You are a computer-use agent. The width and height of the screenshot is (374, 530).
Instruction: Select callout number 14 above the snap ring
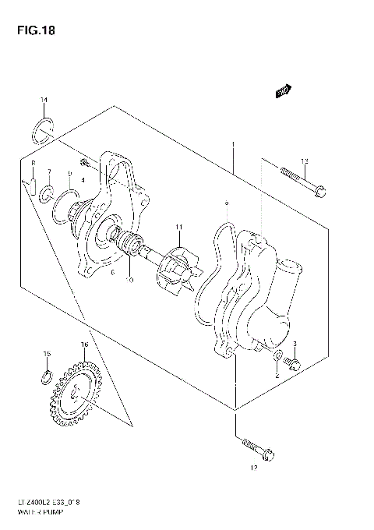[x=44, y=100]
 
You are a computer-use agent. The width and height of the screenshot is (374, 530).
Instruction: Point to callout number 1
[x=231, y=144]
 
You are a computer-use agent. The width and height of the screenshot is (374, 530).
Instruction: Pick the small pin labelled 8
[x=34, y=185]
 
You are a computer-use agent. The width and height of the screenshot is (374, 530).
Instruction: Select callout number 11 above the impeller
[x=178, y=227]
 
